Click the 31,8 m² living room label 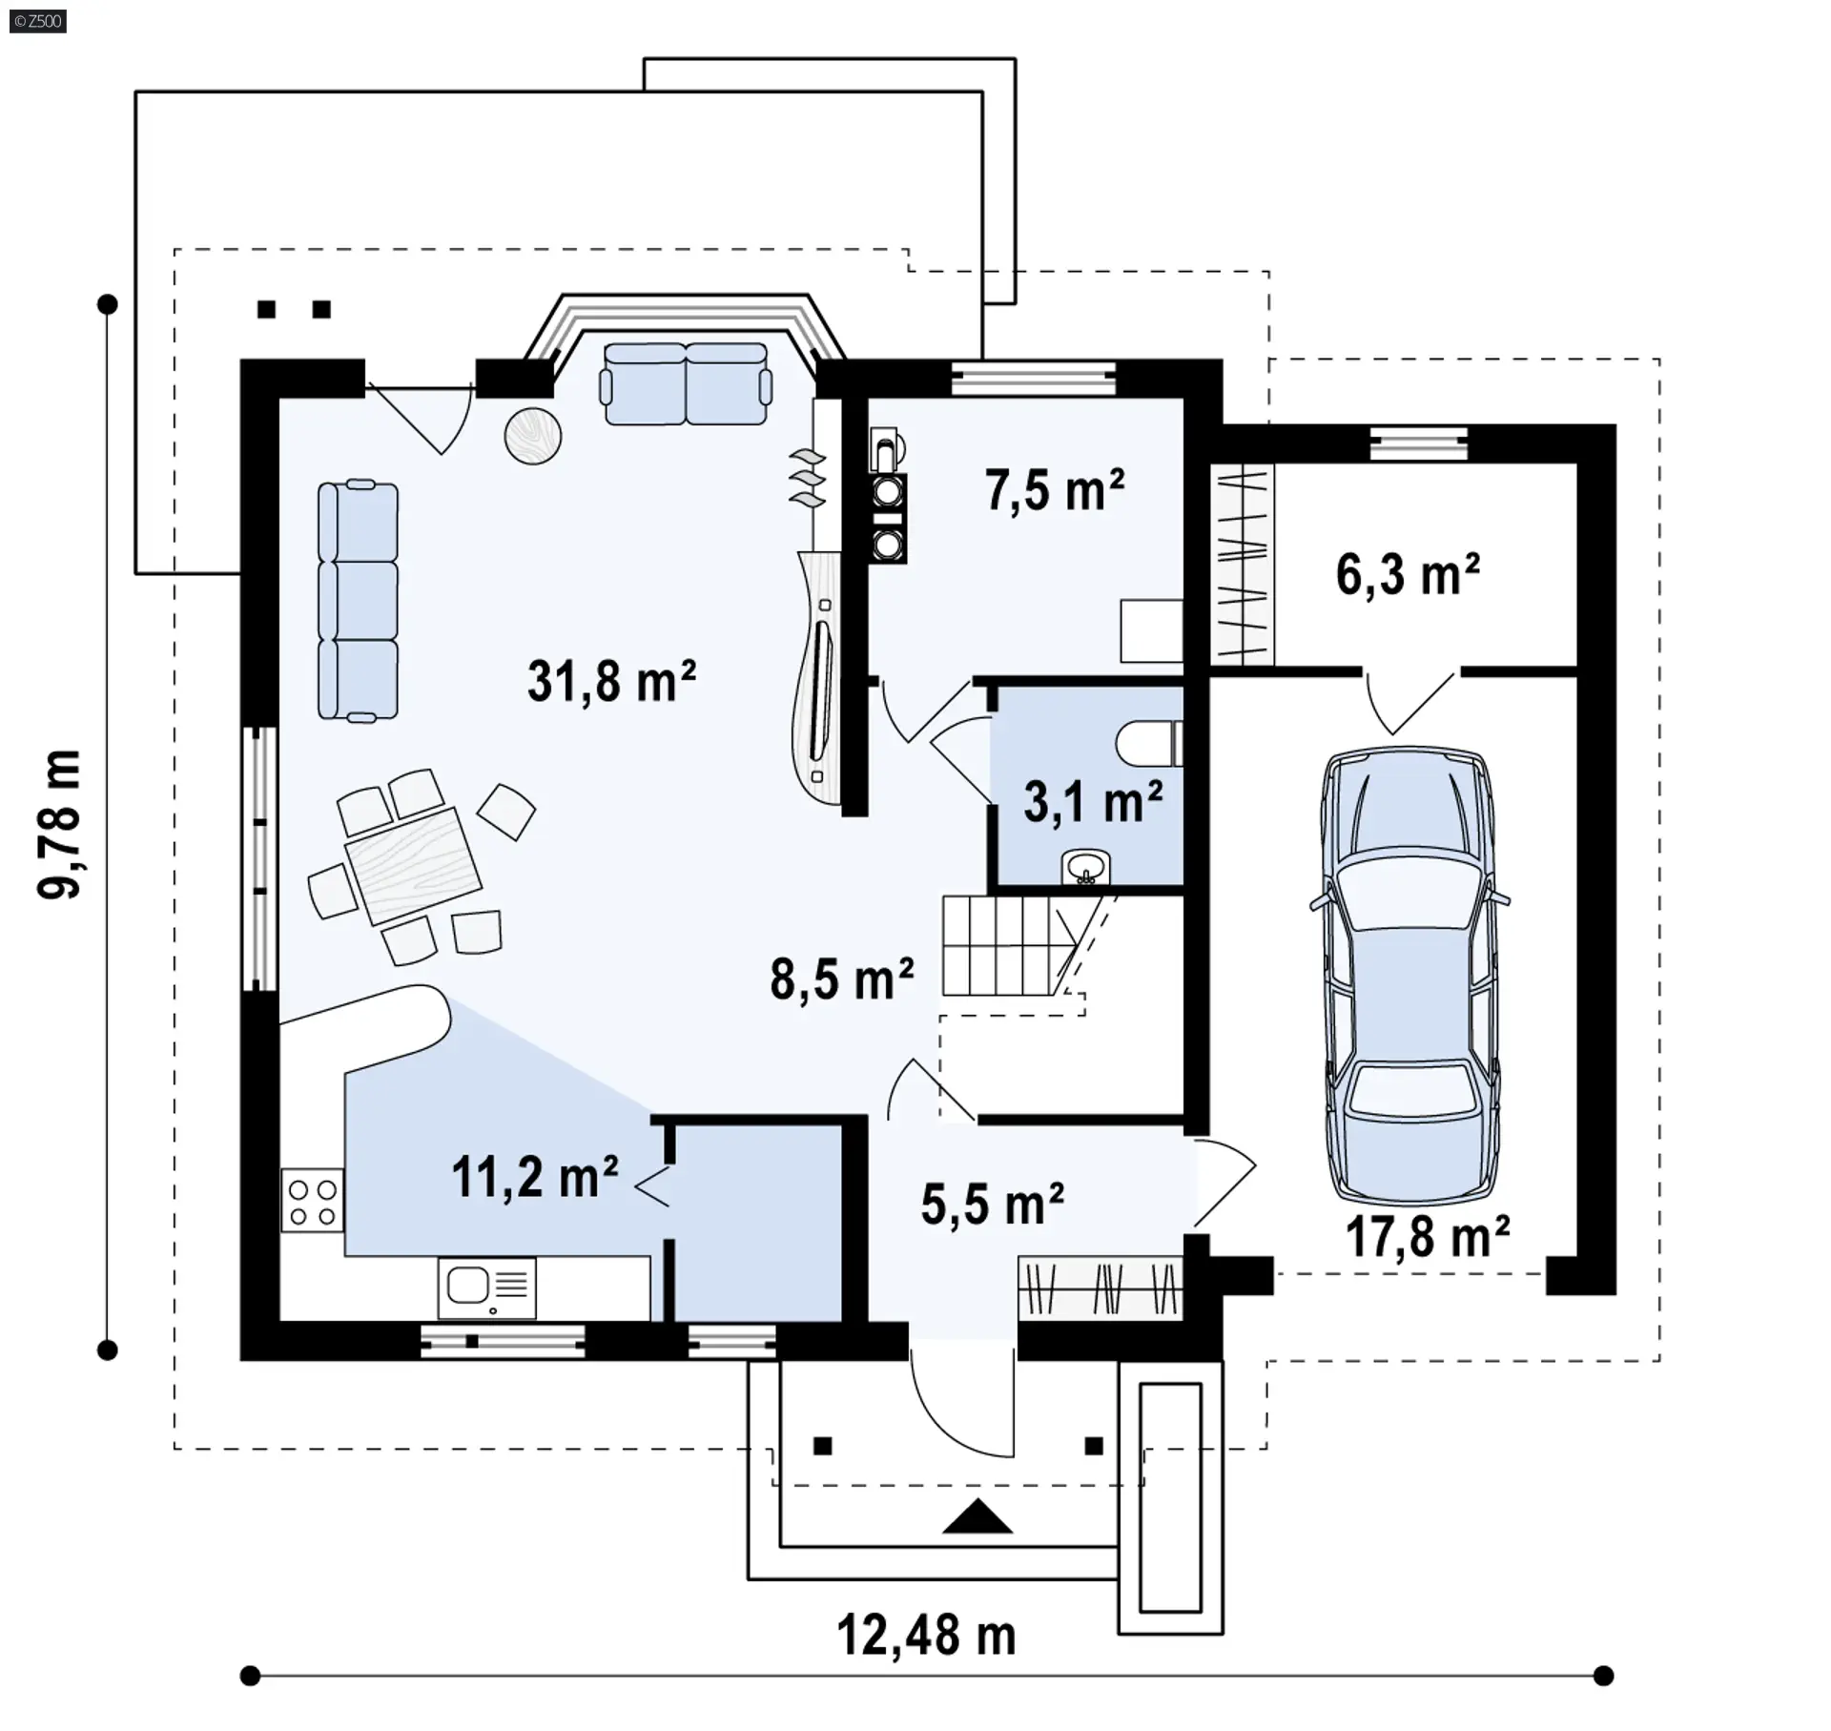611,681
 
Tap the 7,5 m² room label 1055,490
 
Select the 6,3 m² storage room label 1408,574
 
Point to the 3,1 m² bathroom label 1093,801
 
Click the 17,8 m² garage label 1428,1236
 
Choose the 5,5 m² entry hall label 993,1204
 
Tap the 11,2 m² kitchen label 535,1176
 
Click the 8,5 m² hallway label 842,979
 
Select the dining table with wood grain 413,864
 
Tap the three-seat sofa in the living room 358,600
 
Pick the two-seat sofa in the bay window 685,383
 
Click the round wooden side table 532,436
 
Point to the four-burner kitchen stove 313,1200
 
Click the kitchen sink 487,1288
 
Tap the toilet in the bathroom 1149,744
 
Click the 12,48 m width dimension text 926,1635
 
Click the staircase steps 1011,945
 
